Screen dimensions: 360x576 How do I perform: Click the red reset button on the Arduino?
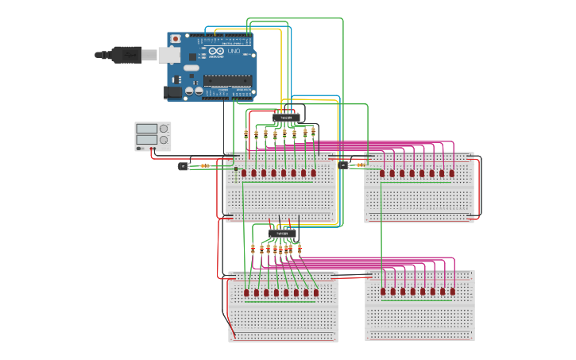tap(176, 38)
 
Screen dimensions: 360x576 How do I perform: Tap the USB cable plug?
tap(127, 54)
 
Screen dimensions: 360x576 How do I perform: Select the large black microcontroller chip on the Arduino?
tap(227, 80)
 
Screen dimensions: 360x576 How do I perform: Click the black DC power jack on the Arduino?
tap(173, 92)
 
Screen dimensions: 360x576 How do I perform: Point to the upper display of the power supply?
tap(147, 128)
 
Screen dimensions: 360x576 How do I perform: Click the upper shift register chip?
tap(287, 118)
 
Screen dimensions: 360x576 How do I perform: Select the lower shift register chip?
tap(283, 234)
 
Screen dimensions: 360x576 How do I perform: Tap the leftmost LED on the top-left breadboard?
tap(244, 172)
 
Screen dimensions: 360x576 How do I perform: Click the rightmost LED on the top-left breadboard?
tap(313, 172)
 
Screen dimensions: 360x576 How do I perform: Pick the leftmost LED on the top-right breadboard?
tap(382, 172)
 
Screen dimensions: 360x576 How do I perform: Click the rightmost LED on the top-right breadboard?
tap(451, 172)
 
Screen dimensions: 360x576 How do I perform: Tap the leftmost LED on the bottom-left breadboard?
tap(246, 292)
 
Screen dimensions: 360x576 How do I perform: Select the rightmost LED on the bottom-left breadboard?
tap(315, 292)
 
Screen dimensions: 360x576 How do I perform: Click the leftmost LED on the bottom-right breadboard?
tap(383, 291)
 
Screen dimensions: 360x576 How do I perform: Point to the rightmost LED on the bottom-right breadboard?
tap(452, 291)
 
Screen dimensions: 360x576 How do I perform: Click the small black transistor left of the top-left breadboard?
tap(183, 166)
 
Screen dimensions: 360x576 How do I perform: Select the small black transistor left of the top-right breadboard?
tap(342, 165)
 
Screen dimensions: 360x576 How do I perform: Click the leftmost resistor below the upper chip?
tap(246, 134)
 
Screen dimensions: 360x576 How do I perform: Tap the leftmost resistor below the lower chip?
tap(253, 249)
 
